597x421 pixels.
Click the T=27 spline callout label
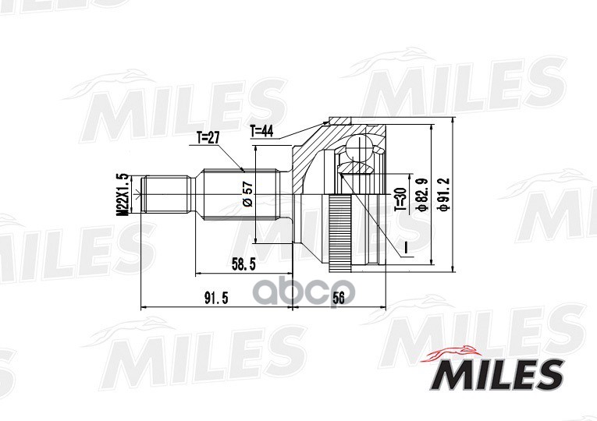208,138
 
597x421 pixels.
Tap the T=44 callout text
261,131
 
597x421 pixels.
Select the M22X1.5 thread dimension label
123,194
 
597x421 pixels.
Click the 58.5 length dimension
243,264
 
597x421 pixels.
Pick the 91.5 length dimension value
216,298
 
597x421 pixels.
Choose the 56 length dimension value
338,298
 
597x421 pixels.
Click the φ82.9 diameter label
423,194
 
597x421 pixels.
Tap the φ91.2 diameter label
444,194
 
